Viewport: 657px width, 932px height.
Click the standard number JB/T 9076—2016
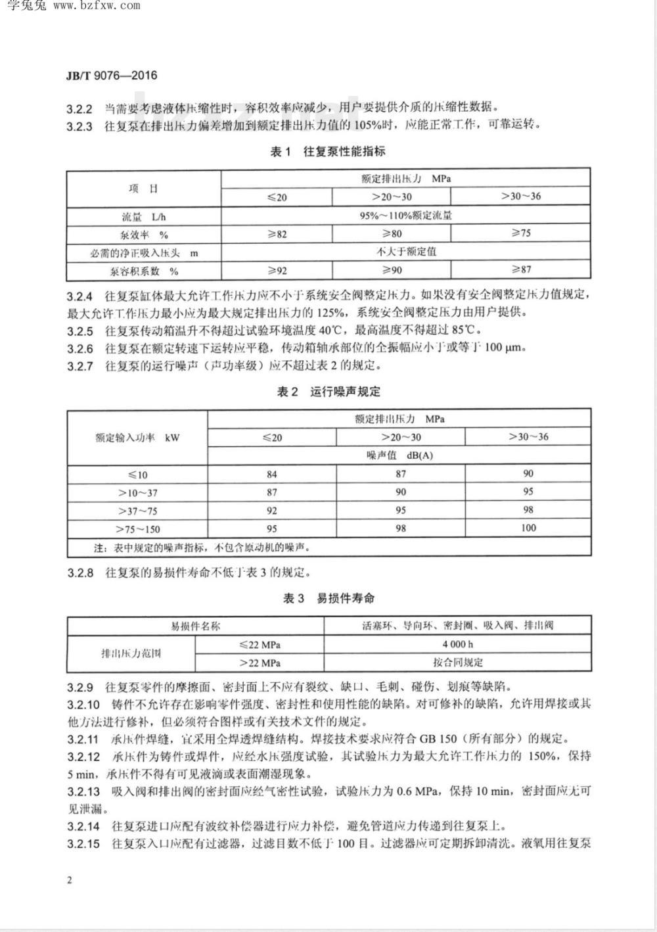(112, 75)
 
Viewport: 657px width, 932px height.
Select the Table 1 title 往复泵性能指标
(328, 152)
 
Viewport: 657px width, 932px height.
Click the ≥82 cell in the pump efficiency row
(277, 233)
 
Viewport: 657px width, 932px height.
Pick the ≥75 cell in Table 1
(521, 233)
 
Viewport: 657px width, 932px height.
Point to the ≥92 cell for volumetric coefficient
(277, 269)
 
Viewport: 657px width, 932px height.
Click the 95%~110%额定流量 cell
(405, 215)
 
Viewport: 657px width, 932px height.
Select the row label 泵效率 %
(145, 235)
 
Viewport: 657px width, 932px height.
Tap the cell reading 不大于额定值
(405, 251)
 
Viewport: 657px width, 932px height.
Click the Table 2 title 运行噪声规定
(328, 392)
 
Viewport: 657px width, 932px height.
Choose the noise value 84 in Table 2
(271, 474)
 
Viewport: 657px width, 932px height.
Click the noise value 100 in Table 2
(528, 528)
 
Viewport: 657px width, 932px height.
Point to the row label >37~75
(137, 511)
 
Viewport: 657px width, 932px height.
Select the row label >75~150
(137, 529)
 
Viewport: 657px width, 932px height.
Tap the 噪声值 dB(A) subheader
(399, 455)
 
